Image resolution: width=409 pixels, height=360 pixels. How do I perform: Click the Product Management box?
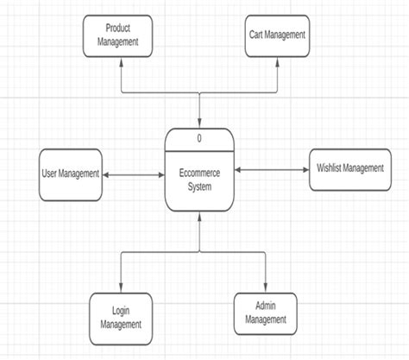[x=118, y=35]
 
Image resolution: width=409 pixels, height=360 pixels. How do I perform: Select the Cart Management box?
[x=276, y=35]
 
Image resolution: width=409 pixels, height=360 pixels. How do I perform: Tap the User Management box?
[x=71, y=174]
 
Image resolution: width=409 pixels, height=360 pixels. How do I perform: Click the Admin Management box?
[x=266, y=313]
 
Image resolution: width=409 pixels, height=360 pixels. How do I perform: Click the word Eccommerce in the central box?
[x=199, y=173]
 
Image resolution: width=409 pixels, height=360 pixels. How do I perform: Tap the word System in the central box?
[x=199, y=186]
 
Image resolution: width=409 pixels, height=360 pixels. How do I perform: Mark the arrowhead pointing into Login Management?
[x=121, y=289]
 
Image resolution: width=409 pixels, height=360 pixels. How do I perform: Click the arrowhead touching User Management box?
[x=107, y=175]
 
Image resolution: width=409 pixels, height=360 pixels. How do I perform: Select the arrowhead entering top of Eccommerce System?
[x=199, y=123]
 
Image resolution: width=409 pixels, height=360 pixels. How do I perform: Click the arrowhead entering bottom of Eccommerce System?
[x=199, y=217]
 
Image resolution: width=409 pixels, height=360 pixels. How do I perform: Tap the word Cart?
[x=255, y=35]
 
